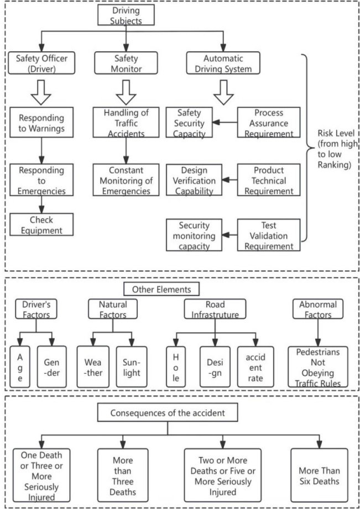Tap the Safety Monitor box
click(x=126, y=64)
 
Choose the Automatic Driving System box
click(x=223, y=64)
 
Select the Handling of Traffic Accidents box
click(x=126, y=122)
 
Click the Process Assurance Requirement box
click(x=269, y=122)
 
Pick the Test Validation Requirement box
click(x=269, y=234)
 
